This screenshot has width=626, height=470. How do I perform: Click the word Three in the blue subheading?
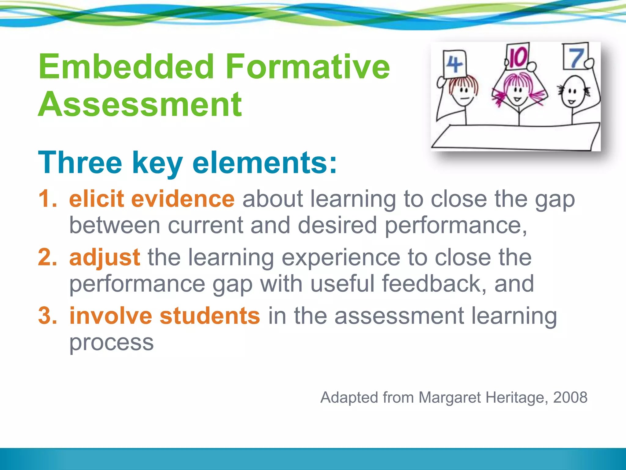[80, 162]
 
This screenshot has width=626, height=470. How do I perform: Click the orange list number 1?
[47, 199]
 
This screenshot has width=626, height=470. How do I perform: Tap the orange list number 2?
[47, 257]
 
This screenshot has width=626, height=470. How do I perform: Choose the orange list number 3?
[47, 315]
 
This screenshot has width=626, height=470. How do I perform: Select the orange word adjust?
[105, 258]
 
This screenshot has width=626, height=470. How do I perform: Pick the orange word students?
[210, 315]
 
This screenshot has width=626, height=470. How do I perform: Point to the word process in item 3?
[112, 343]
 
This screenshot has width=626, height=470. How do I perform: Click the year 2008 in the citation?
[570, 397]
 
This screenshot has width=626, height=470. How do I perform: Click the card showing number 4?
[455, 64]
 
